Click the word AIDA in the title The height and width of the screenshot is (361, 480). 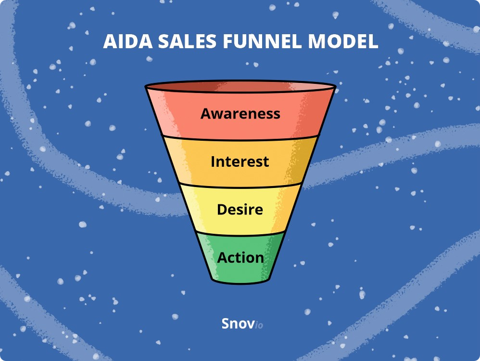(128, 41)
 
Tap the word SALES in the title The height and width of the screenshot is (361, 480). (188, 41)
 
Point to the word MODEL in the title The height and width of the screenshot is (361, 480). (343, 41)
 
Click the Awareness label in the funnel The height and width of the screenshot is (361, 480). (240, 113)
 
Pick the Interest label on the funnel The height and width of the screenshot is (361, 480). (240, 161)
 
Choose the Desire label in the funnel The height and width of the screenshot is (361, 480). (240, 210)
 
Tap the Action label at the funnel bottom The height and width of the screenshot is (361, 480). (240, 258)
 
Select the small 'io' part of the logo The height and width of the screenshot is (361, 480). (259, 325)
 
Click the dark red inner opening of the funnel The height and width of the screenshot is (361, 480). (240, 86)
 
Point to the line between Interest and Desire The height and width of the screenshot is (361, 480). (240, 187)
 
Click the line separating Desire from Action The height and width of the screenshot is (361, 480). (240, 235)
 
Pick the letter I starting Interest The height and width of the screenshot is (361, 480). (213, 161)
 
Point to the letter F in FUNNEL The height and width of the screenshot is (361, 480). (228, 41)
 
